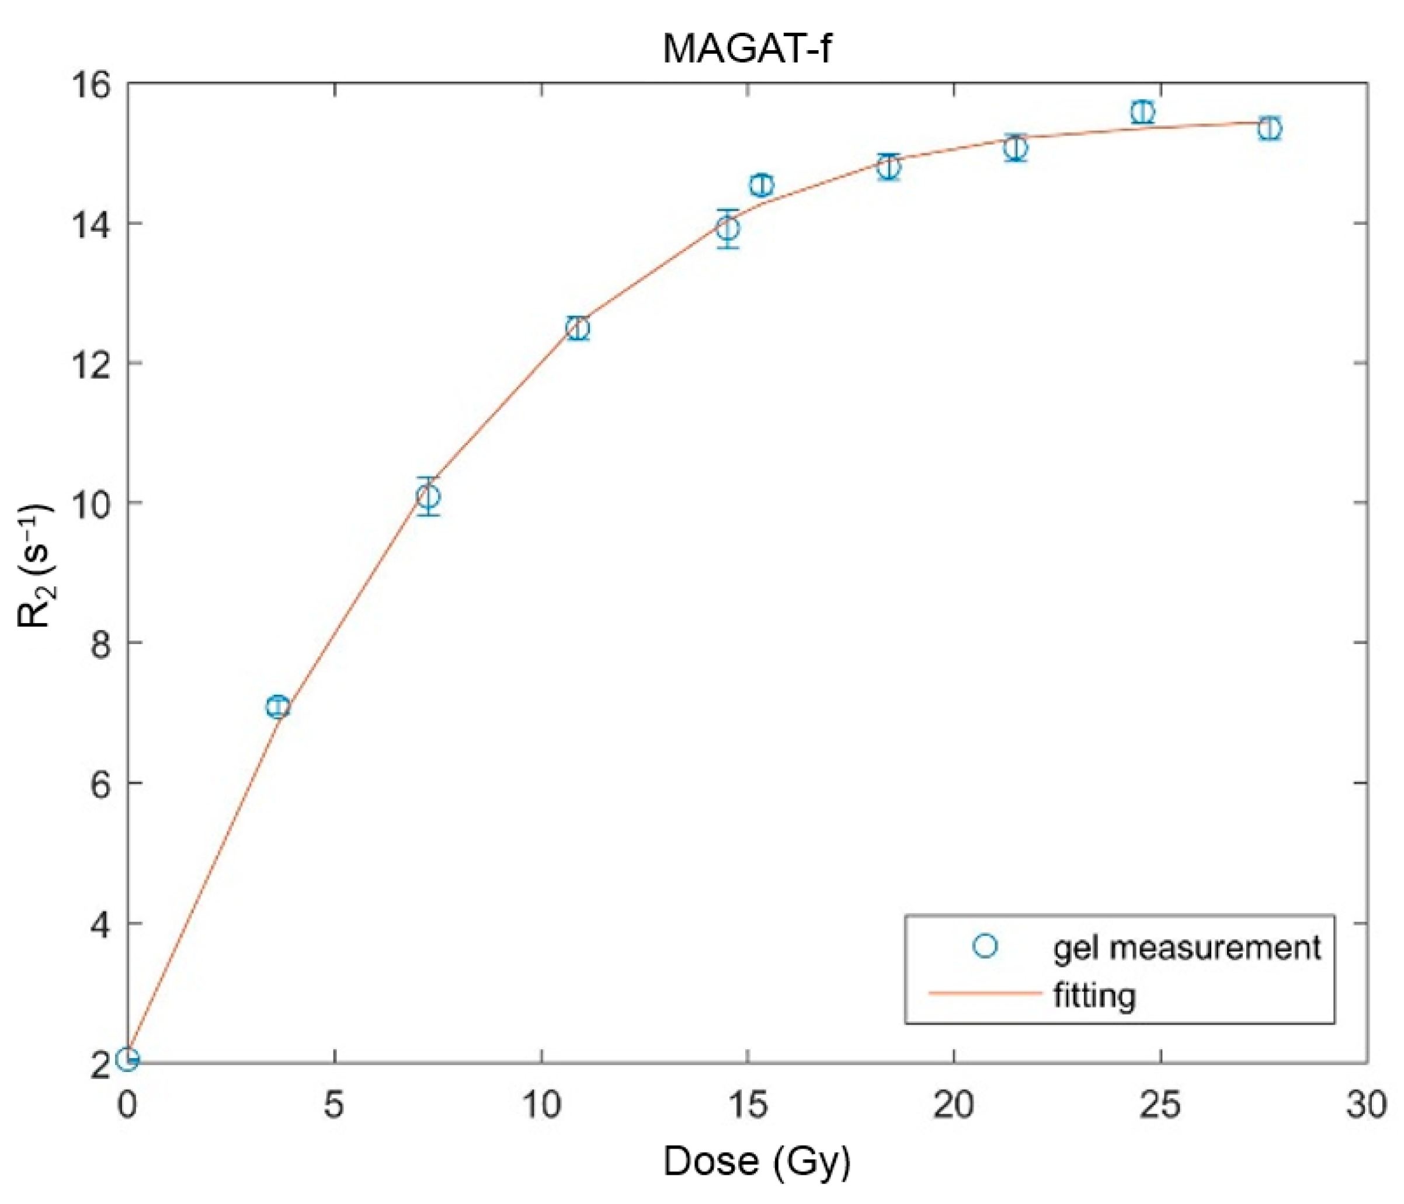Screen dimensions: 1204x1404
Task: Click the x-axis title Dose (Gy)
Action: pos(756,1161)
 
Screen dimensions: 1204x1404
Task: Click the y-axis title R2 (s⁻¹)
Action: pos(35,566)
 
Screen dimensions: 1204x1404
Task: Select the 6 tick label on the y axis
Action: pos(102,784)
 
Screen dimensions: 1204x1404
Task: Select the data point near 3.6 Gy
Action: pos(278,707)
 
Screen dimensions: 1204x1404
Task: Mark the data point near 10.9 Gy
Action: pos(578,329)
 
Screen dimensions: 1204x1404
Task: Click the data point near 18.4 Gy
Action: pos(888,166)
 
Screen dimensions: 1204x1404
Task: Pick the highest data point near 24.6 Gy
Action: pos(1142,112)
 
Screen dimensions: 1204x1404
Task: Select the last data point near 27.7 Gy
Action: pos(1270,128)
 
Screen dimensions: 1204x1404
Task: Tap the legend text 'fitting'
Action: pos(1094,996)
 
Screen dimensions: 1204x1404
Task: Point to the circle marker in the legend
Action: pos(985,946)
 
